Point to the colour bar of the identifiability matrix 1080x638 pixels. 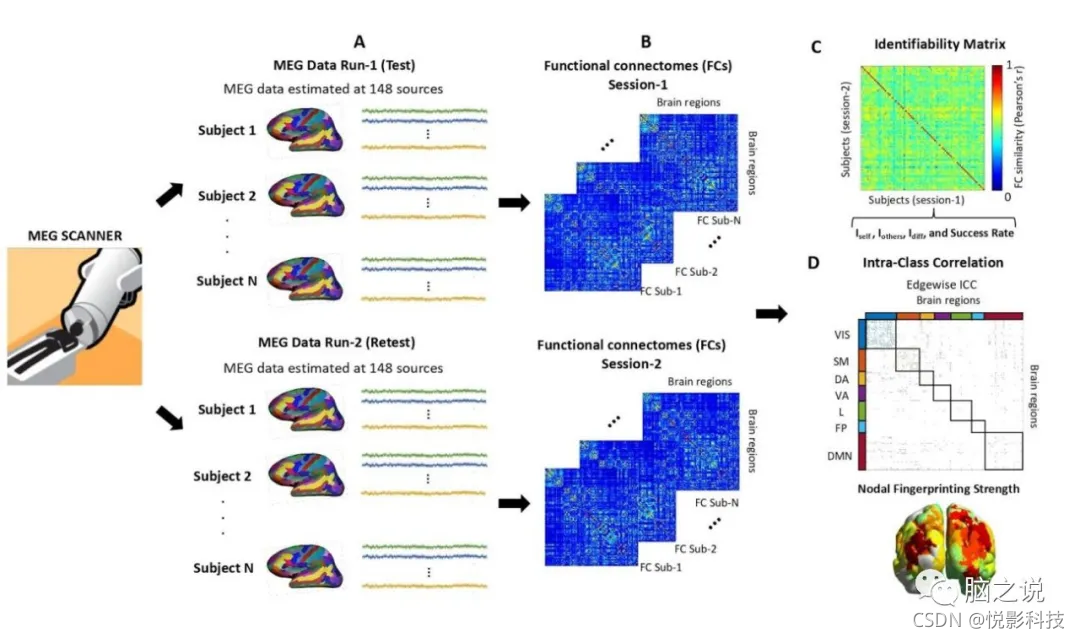(x=997, y=130)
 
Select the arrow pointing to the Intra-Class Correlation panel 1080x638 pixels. (x=770, y=315)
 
